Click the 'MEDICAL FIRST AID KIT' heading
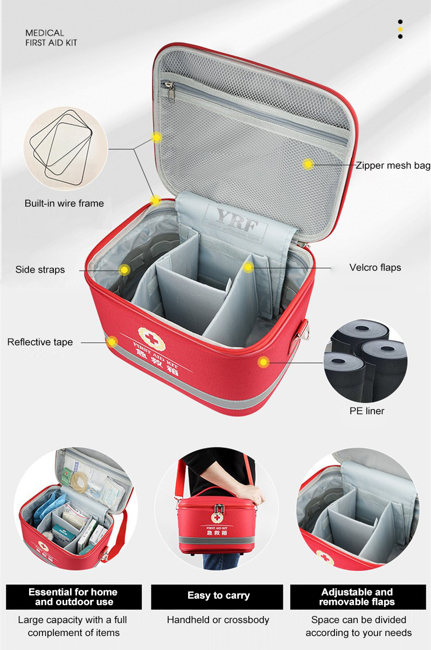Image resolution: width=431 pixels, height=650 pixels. pyautogui.click(x=51, y=38)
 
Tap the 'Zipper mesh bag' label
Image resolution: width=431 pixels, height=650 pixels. pyautogui.click(x=393, y=165)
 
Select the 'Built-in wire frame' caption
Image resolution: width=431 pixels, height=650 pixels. pyautogui.click(x=64, y=203)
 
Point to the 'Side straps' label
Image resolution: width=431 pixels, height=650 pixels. pyautogui.click(x=40, y=270)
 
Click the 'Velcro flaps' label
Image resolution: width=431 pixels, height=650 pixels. pyautogui.click(x=375, y=267)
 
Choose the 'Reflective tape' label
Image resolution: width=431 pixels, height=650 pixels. pyautogui.click(x=40, y=342)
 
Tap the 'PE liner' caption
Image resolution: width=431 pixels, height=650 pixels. pyautogui.click(x=367, y=411)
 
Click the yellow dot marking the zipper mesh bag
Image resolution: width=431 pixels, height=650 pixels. pyautogui.click(x=308, y=165)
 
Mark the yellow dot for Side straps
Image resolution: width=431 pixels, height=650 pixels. pyautogui.click(x=124, y=270)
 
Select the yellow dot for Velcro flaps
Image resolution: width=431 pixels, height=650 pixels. pyautogui.click(x=248, y=267)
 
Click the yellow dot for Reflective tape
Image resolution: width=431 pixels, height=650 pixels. pyautogui.click(x=112, y=342)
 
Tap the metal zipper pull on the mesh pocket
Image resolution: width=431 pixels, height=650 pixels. pyautogui.click(x=170, y=92)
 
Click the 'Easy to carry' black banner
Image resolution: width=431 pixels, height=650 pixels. pyautogui.click(x=217, y=597)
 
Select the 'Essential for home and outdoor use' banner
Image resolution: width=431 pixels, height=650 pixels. pyautogui.click(x=74, y=597)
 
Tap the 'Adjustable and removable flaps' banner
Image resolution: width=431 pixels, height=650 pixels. pyautogui.click(x=358, y=597)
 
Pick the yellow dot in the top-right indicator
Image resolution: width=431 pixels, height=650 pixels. pyautogui.click(x=400, y=29)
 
